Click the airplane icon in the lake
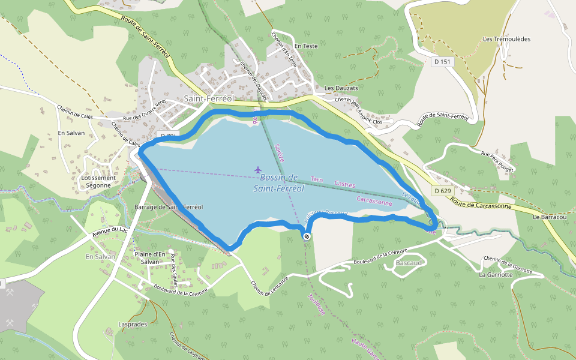click(x=258, y=169)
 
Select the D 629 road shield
click(x=442, y=191)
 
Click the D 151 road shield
click(x=443, y=61)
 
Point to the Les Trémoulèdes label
click(x=506, y=39)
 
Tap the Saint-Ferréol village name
click(x=208, y=98)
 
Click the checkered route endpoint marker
click(x=307, y=237)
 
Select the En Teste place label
click(x=306, y=46)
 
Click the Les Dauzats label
click(x=341, y=88)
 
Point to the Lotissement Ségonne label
click(x=98, y=181)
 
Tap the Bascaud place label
click(x=409, y=263)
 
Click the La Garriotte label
click(x=496, y=275)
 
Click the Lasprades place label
click(x=133, y=324)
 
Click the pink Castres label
click(x=344, y=185)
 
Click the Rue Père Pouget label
click(x=497, y=161)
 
